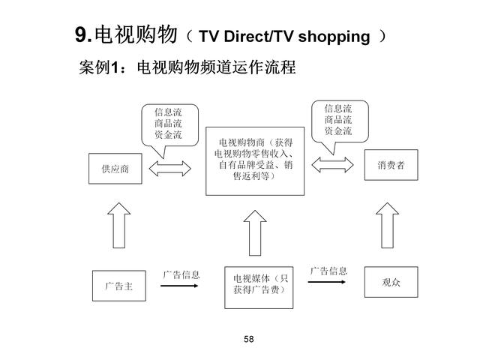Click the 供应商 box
[x=115, y=169]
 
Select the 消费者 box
[x=391, y=165]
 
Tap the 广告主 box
[x=115, y=286]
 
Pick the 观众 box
[x=391, y=282]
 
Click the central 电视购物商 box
[x=256, y=160]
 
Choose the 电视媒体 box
[x=255, y=285]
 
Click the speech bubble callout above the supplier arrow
[x=168, y=124]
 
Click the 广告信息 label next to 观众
[x=328, y=270]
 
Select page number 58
[x=249, y=340]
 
